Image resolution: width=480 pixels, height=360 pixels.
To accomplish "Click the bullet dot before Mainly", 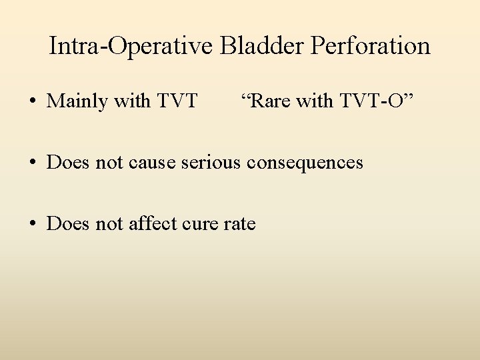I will point(32,101).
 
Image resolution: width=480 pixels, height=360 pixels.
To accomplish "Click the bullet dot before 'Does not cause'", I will point(32,163).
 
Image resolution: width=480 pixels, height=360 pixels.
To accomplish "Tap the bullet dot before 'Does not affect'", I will point(32,224).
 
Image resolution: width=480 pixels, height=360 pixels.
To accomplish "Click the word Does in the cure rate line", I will point(67,224).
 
